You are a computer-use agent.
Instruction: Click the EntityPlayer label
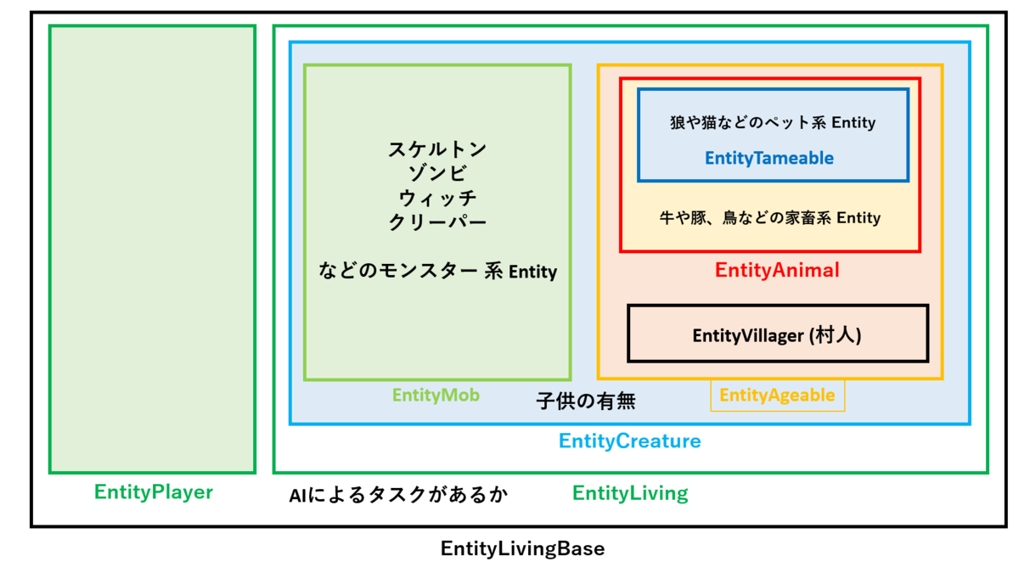[x=153, y=492]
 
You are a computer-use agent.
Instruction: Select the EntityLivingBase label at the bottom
[x=522, y=548]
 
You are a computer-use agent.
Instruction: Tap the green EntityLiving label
[x=630, y=493]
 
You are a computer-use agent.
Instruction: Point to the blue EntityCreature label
[x=629, y=441]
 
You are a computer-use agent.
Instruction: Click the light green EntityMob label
[x=436, y=395]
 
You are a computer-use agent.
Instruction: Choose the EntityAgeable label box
[x=777, y=396]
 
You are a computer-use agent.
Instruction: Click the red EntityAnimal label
[x=777, y=271]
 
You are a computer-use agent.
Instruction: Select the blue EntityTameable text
[x=768, y=158]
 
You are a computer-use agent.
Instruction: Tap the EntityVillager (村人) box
[x=777, y=334]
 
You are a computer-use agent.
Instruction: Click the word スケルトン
[x=437, y=149]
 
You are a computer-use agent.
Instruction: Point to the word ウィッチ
[x=437, y=198]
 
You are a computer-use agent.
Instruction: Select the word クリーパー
[x=437, y=222]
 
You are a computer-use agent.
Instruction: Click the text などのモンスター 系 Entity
[x=437, y=272]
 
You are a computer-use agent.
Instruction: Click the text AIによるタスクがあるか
[x=398, y=495]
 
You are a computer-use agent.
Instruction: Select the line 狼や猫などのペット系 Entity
[x=772, y=123]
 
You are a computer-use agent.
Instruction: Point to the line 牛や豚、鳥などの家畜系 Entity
[x=769, y=218]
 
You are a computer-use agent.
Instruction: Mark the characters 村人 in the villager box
[x=836, y=335]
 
